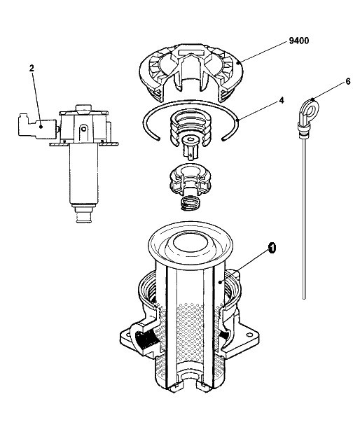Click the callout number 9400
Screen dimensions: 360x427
(298, 41)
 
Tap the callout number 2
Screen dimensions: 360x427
(32, 69)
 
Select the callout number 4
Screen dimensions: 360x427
(282, 101)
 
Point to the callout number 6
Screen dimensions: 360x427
(348, 81)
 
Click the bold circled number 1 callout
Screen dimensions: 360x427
(272, 248)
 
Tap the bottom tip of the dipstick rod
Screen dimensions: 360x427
(304, 298)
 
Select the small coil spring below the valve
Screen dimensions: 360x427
(191, 202)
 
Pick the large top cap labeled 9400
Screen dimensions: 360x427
(191, 70)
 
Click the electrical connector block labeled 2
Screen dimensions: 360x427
(37, 126)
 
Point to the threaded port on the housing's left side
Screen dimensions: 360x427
(145, 339)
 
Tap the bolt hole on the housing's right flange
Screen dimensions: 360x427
(248, 335)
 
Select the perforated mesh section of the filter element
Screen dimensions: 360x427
(190, 329)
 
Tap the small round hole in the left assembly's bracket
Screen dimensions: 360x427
(84, 128)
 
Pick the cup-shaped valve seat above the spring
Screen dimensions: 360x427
(191, 180)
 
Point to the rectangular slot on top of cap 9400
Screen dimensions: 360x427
(191, 50)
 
